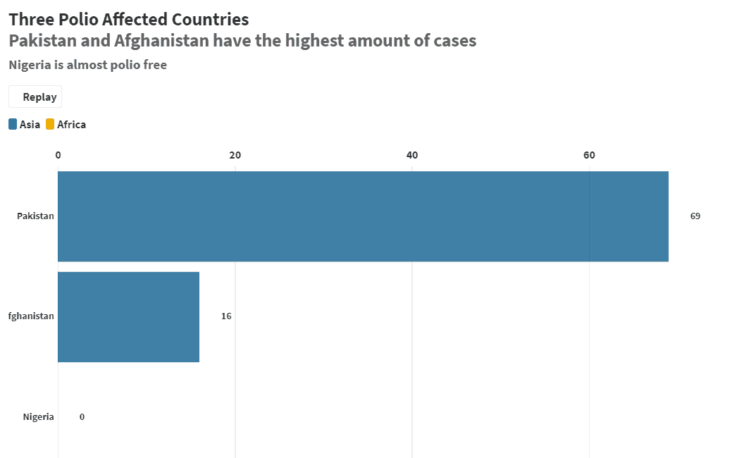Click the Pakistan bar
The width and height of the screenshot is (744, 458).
pyautogui.click(x=363, y=216)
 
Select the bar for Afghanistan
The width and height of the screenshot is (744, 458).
pyautogui.click(x=128, y=317)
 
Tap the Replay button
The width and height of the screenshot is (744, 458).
pyautogui.click(x=35, y=97)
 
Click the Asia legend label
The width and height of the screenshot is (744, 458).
pyautogui.click(x=30, y=125)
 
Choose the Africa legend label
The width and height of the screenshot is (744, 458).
pyautogui.click(x=71, y=125)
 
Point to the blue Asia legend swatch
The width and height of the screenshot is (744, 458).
pyautogui.click(x=13, y=125)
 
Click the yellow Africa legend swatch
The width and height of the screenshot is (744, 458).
pyautogui.click(x=50, y=125)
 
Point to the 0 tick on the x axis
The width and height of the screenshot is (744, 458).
pyautogui.click(x=58, y=155)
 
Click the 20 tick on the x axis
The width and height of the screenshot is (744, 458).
pyautogui.click(x=235, y=155)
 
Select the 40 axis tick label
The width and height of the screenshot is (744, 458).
pyautogui.click(x=412, y=155)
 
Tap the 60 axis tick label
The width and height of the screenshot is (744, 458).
pyautogui.click(x=589, y=155)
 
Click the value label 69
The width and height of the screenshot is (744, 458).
pyautogui.click(x=695, y=216)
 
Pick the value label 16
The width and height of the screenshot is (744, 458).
pyautogui.click(x=226, y=316)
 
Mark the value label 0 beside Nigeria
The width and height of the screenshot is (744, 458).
pyautogui.click(x=82, y=417)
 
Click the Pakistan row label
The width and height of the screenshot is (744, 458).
pyautogui.click(x=35, y=216)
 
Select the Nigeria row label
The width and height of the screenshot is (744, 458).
pyautogui.click(x=38, y=417)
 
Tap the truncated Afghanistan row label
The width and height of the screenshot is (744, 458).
pyautogui.click(x=31, y=316)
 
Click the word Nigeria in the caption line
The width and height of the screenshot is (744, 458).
pyautogui.click(x=30, y=66)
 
